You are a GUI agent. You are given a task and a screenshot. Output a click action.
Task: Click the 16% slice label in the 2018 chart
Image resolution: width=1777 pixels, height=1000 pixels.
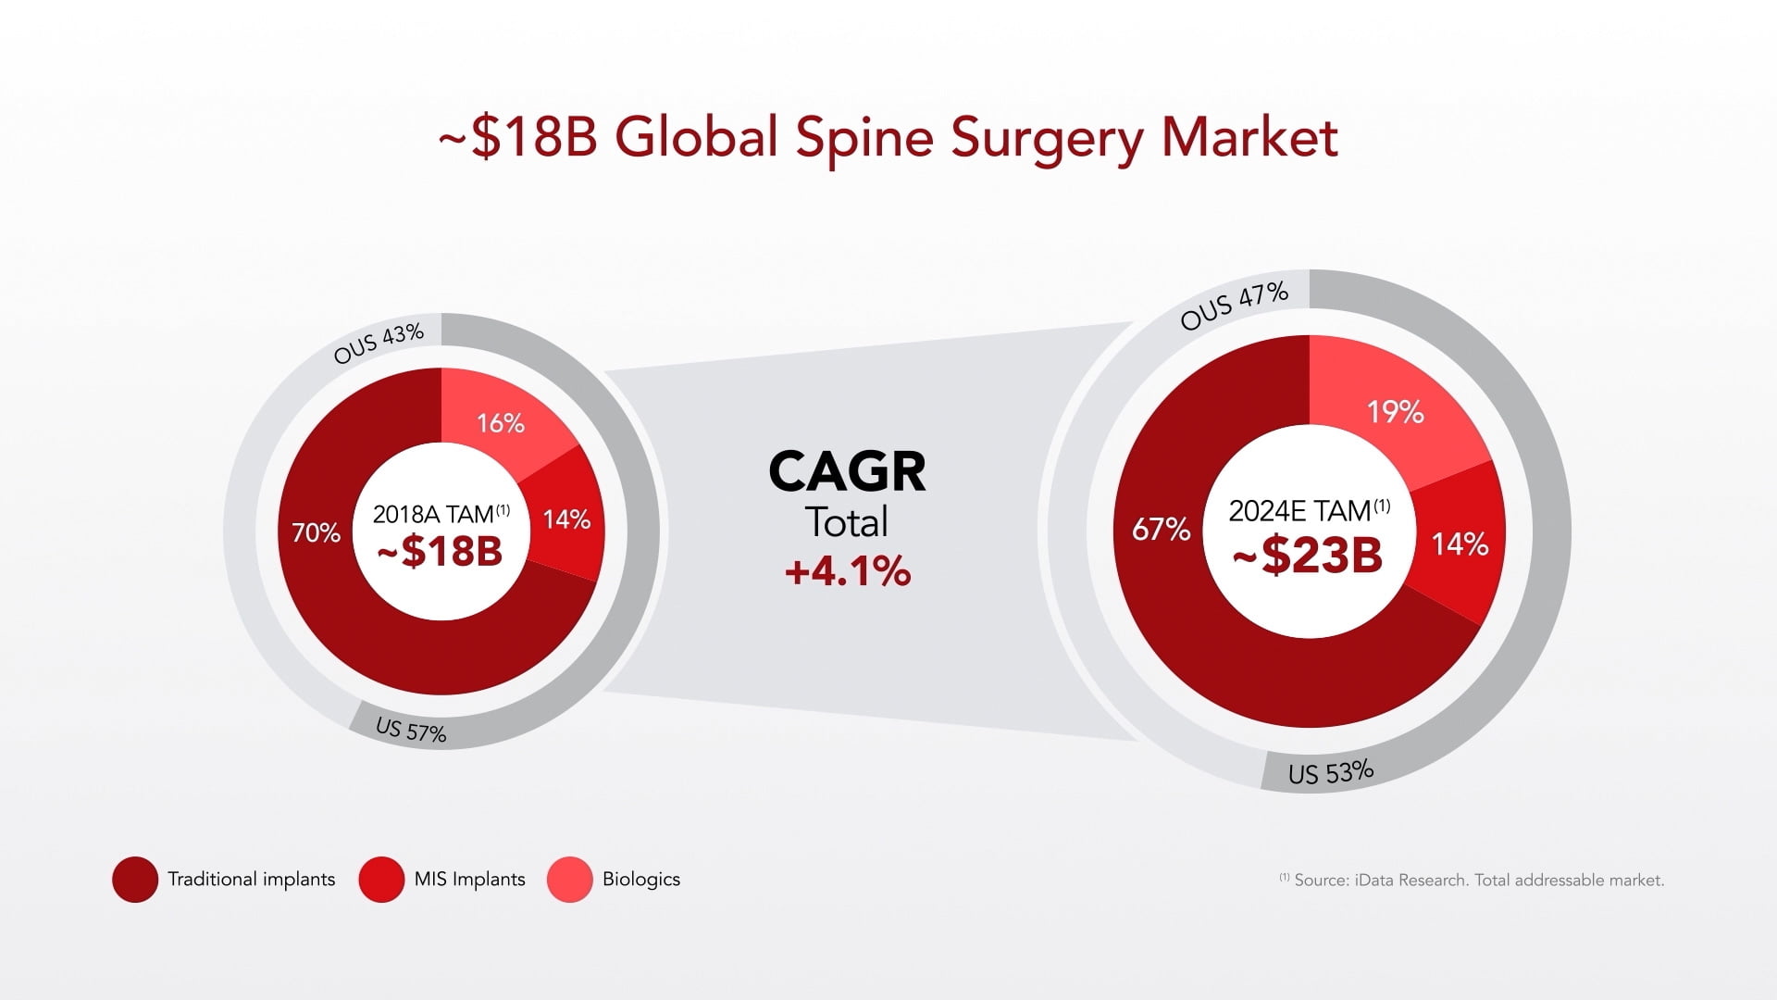click(x=501, y=423)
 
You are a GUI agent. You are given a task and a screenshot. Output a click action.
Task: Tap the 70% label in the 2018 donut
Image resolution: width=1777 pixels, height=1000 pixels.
click(x=316, y=532)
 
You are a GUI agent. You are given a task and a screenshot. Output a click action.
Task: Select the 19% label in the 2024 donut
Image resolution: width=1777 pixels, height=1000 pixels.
click(x=1395, y=411)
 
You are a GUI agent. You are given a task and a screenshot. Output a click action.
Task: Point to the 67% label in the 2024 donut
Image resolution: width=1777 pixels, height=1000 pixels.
click(x=1161, y=529)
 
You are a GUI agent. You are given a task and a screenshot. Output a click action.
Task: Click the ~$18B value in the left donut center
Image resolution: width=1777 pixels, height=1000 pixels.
click(x=440, y=552)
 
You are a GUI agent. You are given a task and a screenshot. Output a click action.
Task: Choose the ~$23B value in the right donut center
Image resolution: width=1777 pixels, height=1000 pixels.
click(x=1308, y=556)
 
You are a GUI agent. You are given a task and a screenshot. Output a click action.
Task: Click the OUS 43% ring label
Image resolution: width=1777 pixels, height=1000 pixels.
click(x=379, y=343)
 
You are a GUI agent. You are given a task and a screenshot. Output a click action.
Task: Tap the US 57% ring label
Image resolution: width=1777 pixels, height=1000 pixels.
click(x=411, y=731)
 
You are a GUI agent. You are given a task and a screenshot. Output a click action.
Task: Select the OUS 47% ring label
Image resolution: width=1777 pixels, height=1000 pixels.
click(x=1234, y=306)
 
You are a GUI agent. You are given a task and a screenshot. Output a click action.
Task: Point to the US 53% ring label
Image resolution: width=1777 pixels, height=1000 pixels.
click(x=1331, y=771)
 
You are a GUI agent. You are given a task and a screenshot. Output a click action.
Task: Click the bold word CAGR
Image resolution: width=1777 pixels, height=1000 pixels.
click(x=847, y=471)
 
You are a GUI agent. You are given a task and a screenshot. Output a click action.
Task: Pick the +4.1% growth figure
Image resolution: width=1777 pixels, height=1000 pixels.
click(x=847, y=571)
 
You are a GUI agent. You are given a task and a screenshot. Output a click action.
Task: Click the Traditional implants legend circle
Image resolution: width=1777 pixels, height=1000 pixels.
click(x=135, y=880)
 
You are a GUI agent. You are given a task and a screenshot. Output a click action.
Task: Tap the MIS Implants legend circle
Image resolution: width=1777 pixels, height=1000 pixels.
click(x=381, y=880)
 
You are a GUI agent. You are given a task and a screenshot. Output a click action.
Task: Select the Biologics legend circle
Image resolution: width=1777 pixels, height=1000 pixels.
click(x=569, y=880)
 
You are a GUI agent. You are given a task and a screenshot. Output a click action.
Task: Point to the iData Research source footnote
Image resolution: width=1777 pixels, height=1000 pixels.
click(x=1472, y=880)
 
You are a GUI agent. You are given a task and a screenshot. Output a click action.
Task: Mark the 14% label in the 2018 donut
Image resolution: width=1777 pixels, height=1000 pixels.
click(x=566, y=519)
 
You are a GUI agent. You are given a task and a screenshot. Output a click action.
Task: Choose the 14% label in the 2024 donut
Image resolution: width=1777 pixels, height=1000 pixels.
click(x=1460, y=544)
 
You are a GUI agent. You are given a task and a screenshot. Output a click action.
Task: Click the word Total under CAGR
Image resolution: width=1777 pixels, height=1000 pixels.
click(x=847, y=522)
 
